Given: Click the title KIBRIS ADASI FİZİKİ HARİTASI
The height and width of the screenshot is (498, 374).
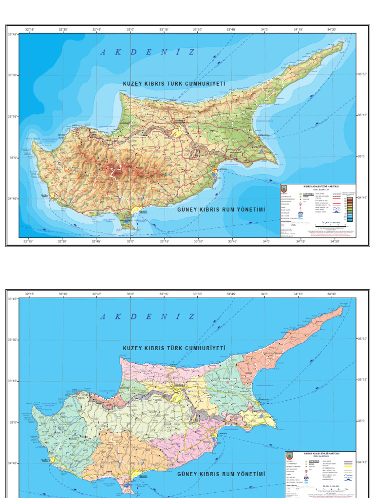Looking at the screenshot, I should pyautogui.click(x=321, y=186).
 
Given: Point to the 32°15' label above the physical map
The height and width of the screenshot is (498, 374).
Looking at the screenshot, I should pyautogui.click(x=30, y=29).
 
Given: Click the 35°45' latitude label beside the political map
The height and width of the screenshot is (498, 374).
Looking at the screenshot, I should pyautogui.click(x=12, y=299).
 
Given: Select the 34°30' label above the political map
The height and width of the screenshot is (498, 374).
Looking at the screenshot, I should pyautogui.click(x=332, y=294).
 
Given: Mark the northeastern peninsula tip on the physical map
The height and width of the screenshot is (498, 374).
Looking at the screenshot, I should pyautogui.click(x=343, y=43).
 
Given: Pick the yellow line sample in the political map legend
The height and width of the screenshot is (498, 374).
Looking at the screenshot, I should pyautogui.click(x=349, y=472).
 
